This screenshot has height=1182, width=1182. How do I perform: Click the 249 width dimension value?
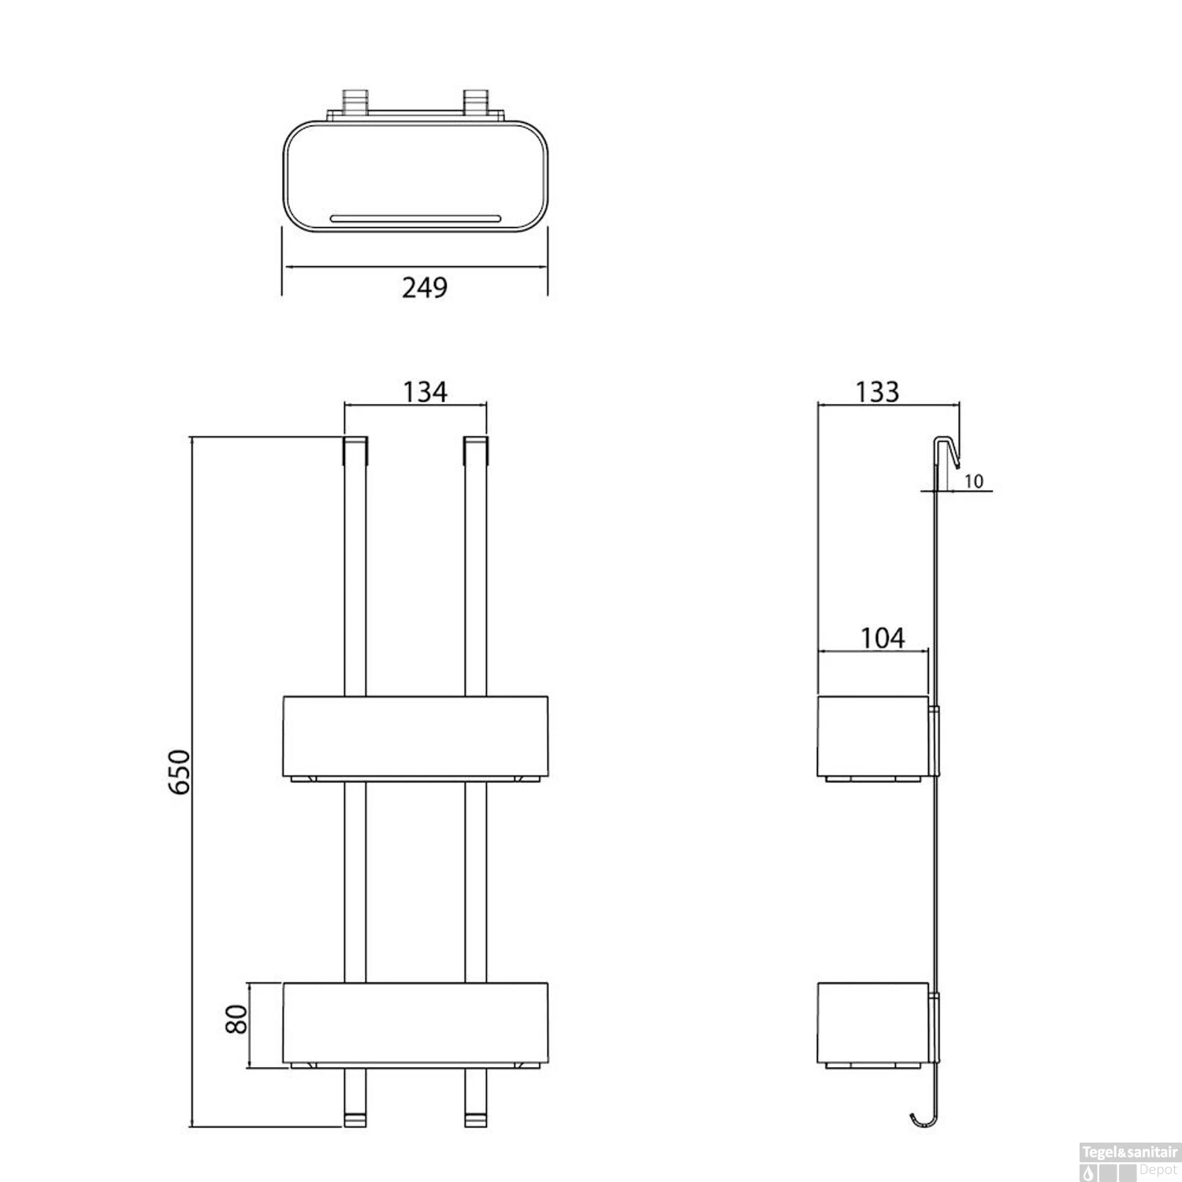click(x=425, y=288)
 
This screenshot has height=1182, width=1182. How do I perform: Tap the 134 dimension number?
click(x=426, y=392)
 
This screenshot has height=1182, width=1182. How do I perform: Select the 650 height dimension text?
click(x=180, y=771)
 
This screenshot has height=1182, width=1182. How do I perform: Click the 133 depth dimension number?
click(x=876, y=392)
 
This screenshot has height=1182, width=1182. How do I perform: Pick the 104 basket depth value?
click(x=883, y=637)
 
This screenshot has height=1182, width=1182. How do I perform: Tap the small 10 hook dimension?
click(x=975, y=481)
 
